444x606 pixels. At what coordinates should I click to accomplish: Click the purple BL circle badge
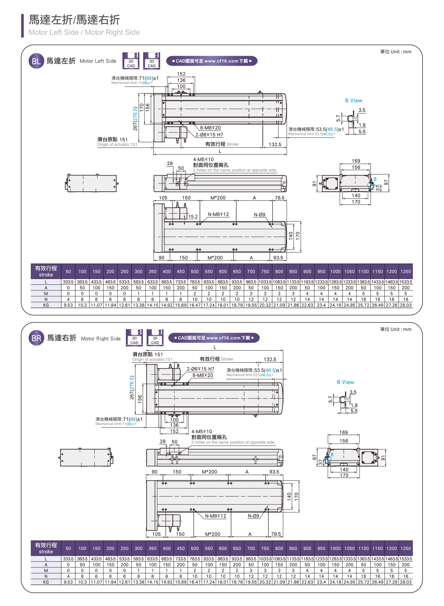36,61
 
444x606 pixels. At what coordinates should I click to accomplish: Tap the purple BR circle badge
36,338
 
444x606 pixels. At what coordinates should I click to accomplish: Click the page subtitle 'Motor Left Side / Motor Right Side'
84,32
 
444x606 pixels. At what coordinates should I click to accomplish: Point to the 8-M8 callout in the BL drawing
210,128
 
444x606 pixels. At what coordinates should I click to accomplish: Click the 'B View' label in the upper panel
354,100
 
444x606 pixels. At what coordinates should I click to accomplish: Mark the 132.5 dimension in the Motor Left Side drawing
275,144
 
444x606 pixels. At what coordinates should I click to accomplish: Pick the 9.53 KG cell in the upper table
68,305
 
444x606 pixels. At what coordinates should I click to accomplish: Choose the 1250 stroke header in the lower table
406,548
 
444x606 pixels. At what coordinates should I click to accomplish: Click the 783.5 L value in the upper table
195,282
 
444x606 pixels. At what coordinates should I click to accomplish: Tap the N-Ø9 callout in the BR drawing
253,516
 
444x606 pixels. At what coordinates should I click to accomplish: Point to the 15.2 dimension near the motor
193,217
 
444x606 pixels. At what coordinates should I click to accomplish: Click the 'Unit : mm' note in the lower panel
396,329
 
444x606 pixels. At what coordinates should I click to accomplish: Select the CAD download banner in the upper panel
212,61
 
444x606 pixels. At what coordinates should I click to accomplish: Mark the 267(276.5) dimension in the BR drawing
132,388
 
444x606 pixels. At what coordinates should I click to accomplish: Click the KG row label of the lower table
46,582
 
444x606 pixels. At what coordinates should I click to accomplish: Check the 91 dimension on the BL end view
314,184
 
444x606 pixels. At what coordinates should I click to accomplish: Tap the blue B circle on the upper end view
371,185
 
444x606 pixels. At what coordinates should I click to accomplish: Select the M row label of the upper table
46,293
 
